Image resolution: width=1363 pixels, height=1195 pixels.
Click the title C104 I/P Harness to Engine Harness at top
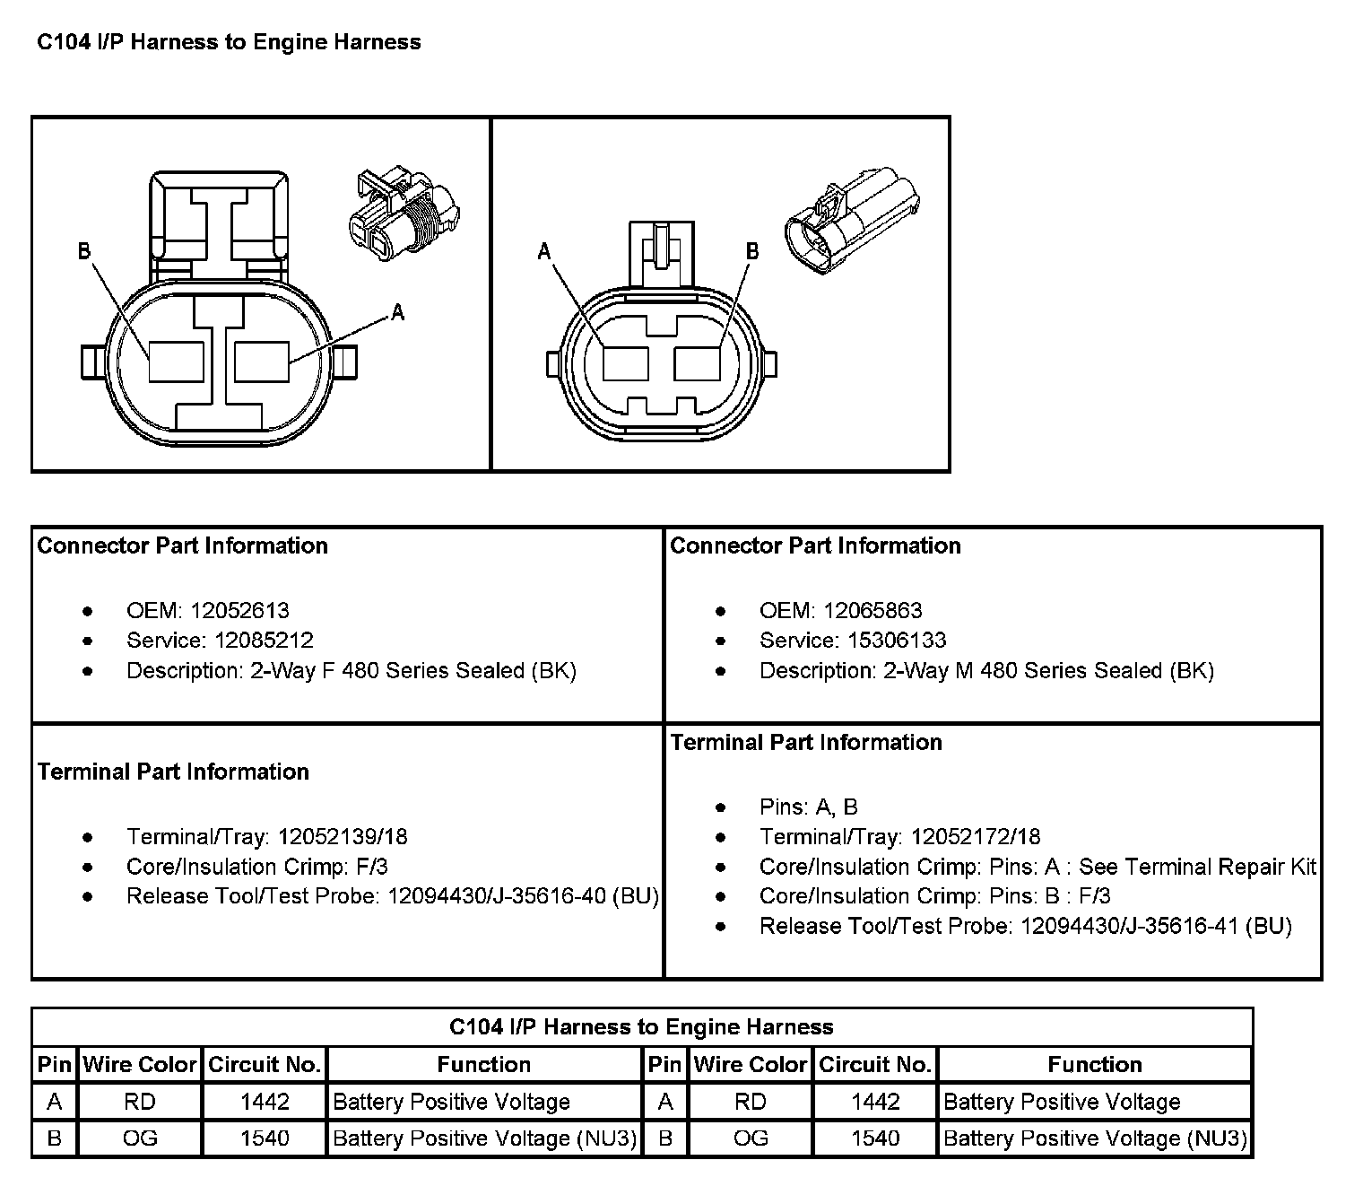228,42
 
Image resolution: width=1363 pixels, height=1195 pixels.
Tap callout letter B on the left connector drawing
84,251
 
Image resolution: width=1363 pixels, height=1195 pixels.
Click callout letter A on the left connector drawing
398,312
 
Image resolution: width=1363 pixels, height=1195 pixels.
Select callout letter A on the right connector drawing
543,252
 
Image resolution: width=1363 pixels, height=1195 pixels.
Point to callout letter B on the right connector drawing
752,252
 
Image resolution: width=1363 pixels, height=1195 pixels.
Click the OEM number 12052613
239,611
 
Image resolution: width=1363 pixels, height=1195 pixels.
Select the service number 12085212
264,641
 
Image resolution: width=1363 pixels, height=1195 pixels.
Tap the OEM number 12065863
872,611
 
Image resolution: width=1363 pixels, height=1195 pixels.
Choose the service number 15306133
898,641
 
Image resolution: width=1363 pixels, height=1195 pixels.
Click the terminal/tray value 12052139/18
342,837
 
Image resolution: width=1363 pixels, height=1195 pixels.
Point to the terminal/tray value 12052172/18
975,837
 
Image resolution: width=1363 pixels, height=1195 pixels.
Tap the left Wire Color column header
140,1065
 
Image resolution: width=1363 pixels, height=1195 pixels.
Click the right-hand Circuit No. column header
874,1065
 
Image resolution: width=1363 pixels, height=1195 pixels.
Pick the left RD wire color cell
140,1102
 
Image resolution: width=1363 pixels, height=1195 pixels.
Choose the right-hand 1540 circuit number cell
874,1138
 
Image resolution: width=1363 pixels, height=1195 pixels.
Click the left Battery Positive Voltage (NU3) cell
484,1138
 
